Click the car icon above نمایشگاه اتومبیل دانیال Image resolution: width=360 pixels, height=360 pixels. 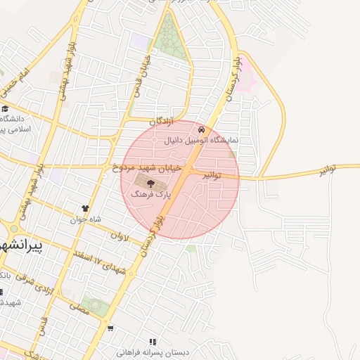[202, 130]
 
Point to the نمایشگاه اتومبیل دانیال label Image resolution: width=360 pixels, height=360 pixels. [202, 141]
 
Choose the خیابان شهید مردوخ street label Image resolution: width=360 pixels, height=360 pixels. [147, 169]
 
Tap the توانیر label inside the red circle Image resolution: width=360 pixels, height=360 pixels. [212, 174]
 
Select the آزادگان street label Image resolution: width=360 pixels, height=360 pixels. [160, 122]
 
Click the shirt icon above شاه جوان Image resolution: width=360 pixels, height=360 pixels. [86, 209]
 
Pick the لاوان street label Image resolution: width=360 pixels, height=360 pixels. [120, 236]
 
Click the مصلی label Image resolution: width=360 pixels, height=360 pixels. [79, 307]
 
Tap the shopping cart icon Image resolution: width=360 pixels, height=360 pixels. [110, 328]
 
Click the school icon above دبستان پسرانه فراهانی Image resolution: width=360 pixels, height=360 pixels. [153, 342]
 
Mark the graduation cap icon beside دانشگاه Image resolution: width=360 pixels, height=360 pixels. [5, 108]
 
